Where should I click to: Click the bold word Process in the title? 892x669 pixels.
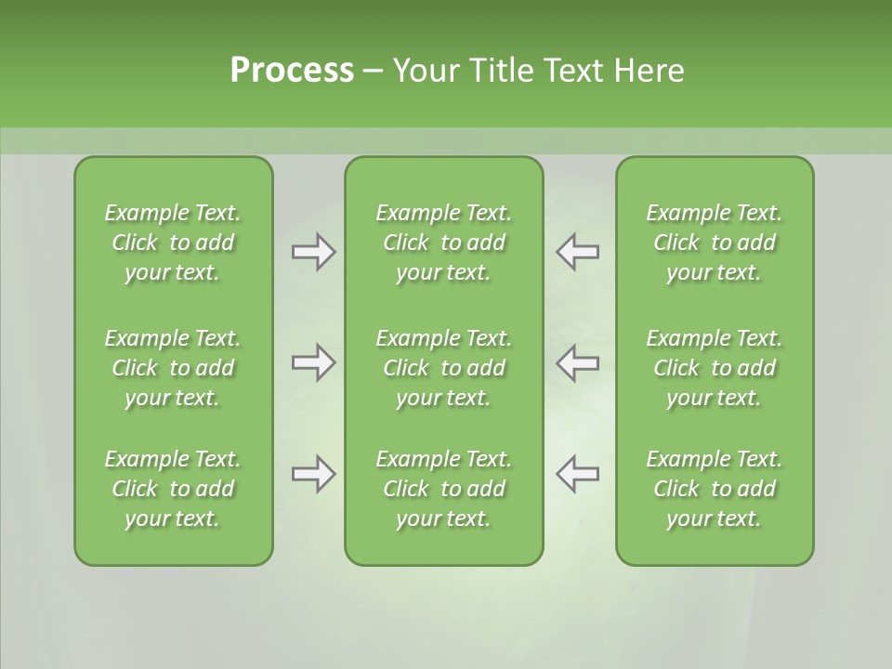pos(292,71)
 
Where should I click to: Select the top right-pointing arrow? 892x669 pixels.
pos(314,252)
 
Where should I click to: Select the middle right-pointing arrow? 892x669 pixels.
pos(314,361)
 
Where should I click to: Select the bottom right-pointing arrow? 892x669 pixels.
pos(314,473)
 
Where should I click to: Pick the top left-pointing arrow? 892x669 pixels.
pos(577,252)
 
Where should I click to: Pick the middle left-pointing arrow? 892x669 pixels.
pos(577,361)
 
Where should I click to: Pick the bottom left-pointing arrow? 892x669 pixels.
pos(577,473)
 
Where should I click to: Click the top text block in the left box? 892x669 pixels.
pos(173,243)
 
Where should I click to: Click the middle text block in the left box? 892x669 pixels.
pos(173,368)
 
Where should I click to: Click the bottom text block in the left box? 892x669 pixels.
pos(173,489)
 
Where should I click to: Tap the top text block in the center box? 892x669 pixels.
pos(443,243)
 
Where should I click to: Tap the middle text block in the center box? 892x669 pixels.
pos(443,368)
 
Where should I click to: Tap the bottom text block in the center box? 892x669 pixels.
pos(443,489)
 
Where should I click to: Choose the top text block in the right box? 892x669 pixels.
pos(714,243)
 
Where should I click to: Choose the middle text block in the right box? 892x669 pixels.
pos(714,368)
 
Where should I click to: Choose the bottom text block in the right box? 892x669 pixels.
pos(714,489)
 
